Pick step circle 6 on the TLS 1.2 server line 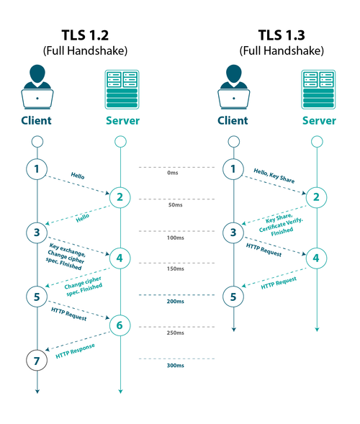[120, 326]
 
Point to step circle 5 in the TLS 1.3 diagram [233, 296]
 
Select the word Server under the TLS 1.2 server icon [121, 120]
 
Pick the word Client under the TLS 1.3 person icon [233, 120]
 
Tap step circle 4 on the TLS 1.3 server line [315, 257]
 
